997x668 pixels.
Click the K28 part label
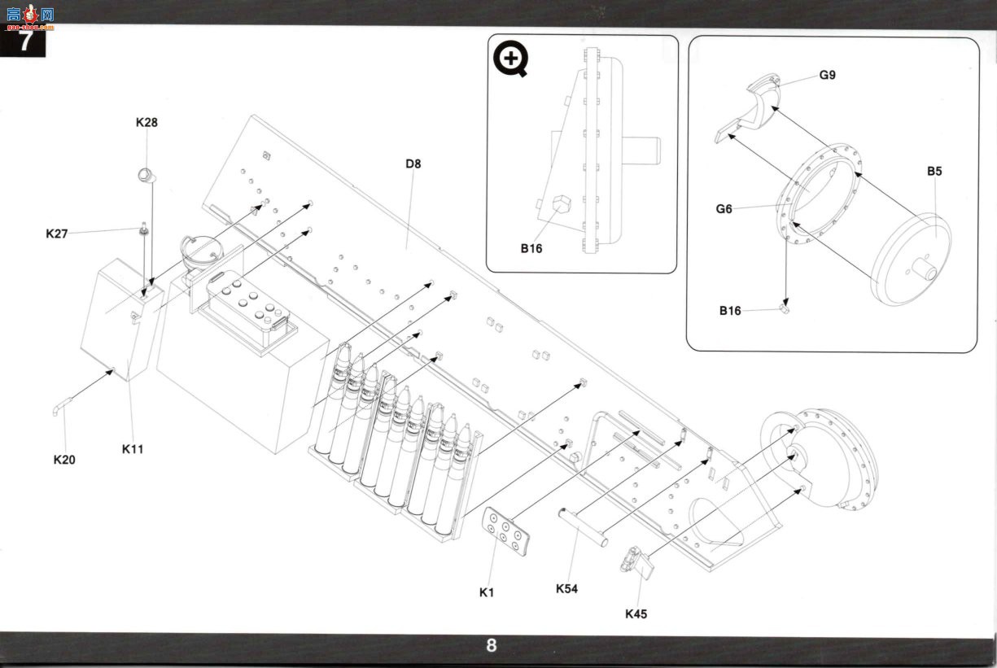tap(146, 122)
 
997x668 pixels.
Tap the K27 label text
tap(56, 234)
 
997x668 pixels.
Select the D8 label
tap(413, 164)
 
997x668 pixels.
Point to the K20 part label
tap(64, 460)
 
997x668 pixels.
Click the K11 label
tap(133, 449)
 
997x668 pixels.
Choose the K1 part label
tap(487, 592)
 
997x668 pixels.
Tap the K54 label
tap(566, 589)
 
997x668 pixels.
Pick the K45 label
tap(636, 614)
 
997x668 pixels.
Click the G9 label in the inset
tap(828, 75)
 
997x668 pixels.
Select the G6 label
tap(724, 209)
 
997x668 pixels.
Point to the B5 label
tap(934, 172)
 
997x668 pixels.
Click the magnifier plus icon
tap(511, 59)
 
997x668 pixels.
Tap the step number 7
tap(25, 41)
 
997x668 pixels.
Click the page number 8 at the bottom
tap(492, 645)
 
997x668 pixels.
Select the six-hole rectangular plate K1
tap(506, 531)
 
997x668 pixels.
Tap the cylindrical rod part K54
tap(583, 528)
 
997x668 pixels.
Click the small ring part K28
tap(146, 176)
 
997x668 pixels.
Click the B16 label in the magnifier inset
tap(531, 248)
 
